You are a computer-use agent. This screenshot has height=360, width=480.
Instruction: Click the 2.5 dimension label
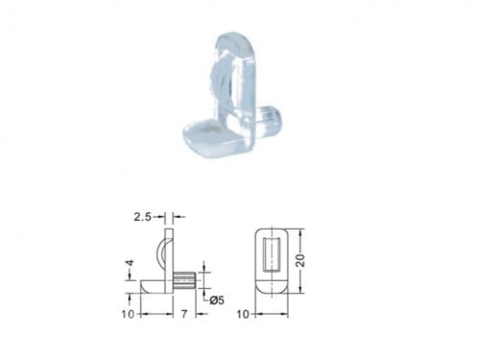pos(142,217)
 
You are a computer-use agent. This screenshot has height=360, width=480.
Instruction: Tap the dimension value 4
pos(130,263)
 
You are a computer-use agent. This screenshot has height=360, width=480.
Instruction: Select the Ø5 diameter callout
pos(217,300)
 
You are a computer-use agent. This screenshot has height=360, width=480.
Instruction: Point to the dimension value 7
pos(183,314)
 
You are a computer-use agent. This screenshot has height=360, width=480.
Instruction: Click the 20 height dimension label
pos(300,261)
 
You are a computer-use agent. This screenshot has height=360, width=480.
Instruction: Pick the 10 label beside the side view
pos(128,314)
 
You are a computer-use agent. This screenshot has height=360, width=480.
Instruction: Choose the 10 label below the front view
pos(243,314)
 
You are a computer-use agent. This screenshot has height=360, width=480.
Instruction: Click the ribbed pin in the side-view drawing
pos(184,280)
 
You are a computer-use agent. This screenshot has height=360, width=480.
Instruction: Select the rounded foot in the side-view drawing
pos(153,286)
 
